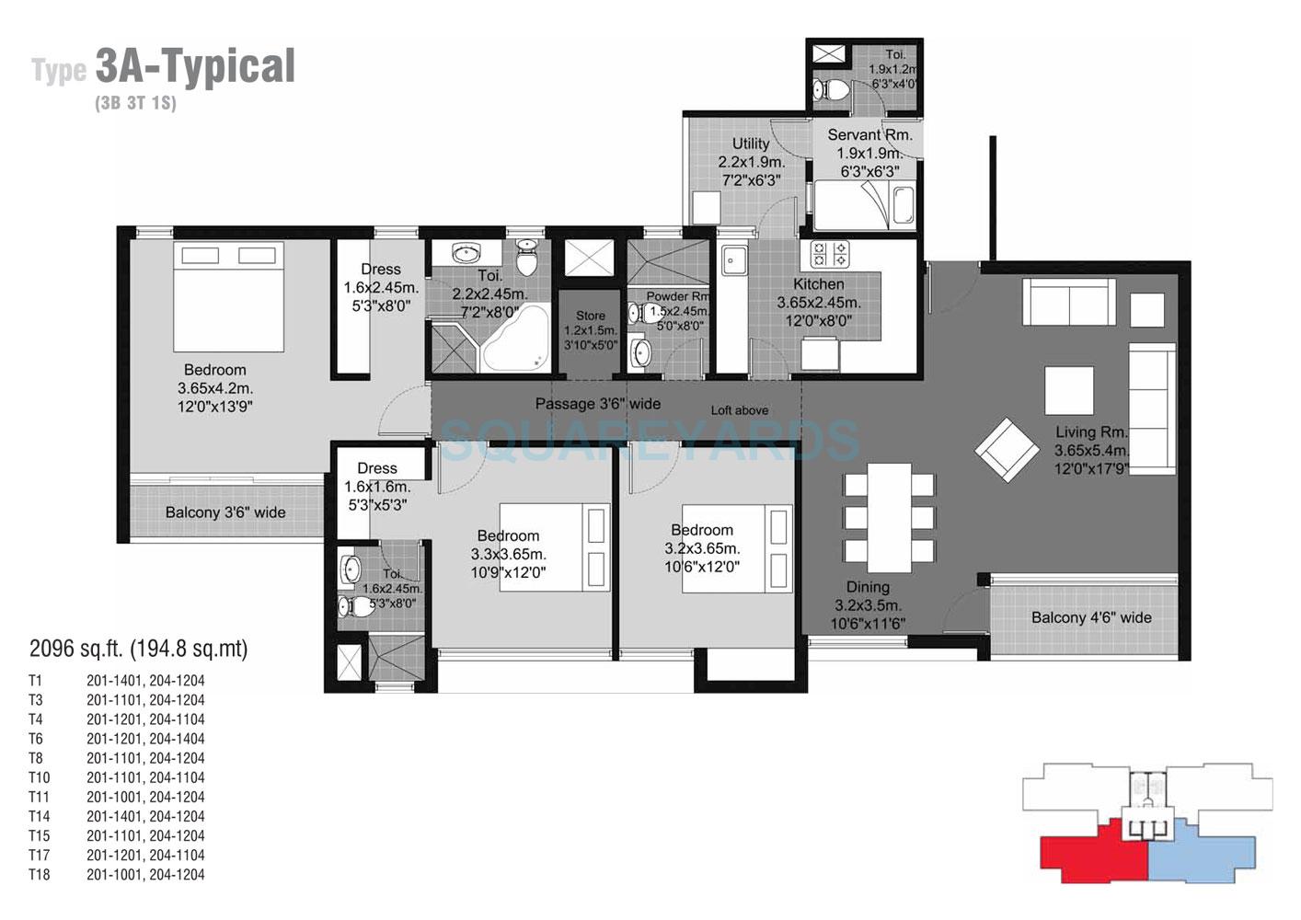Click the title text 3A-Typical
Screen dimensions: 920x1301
[194, 67]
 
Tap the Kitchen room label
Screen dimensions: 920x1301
[818, 284]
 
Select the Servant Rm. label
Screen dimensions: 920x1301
[869, 135]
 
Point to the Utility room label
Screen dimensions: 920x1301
[751, 144]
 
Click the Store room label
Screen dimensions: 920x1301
[590, 316]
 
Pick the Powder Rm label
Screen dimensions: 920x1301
[677, 296]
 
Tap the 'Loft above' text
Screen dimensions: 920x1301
[739, 410]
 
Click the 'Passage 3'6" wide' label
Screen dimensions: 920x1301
[598, 404]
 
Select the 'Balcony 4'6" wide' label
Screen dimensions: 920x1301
[1090, 617]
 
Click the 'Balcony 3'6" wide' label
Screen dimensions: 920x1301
[225, 512]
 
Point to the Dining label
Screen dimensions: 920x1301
[868, 587]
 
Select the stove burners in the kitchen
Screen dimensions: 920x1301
[830, 252]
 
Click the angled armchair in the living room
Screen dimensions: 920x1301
[1007, 450]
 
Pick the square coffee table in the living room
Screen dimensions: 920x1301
[1069, 390]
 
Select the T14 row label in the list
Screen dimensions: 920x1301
[39, 816]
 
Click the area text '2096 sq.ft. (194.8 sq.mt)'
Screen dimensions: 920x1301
[139, 649]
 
